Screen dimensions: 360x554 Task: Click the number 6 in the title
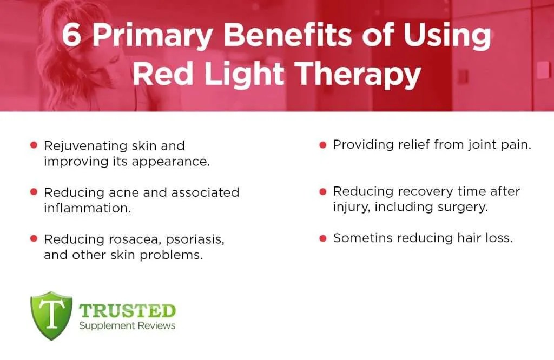click(71, 36)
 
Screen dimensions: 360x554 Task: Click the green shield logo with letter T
click(51, 316)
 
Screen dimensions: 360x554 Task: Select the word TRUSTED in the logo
click(127, 311)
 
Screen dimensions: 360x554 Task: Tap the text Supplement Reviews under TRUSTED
click(127, 325)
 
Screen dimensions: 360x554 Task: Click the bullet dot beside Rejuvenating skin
click(34, 145)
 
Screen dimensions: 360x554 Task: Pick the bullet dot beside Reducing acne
click(34, 192)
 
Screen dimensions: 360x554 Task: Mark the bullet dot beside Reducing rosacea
click(34, 238)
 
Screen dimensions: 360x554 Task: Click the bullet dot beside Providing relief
click(323, 145)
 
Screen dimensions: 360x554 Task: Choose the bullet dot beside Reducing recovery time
click(323, 191)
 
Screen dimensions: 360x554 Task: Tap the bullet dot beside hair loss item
click(323, 238)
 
